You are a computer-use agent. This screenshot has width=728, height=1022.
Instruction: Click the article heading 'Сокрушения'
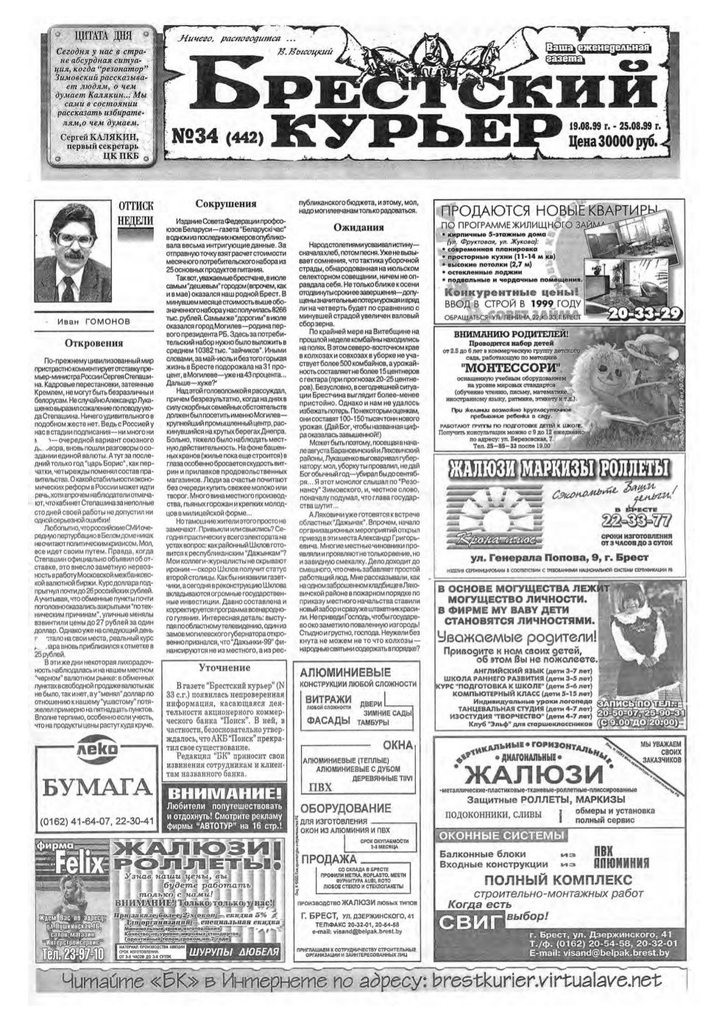coord(226,204)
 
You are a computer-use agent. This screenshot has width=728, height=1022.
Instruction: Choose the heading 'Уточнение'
coord(225,667)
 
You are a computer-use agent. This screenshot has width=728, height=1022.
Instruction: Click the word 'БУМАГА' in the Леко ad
coord(98,789)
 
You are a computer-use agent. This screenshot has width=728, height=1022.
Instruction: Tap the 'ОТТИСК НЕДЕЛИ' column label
coord(135,213)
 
